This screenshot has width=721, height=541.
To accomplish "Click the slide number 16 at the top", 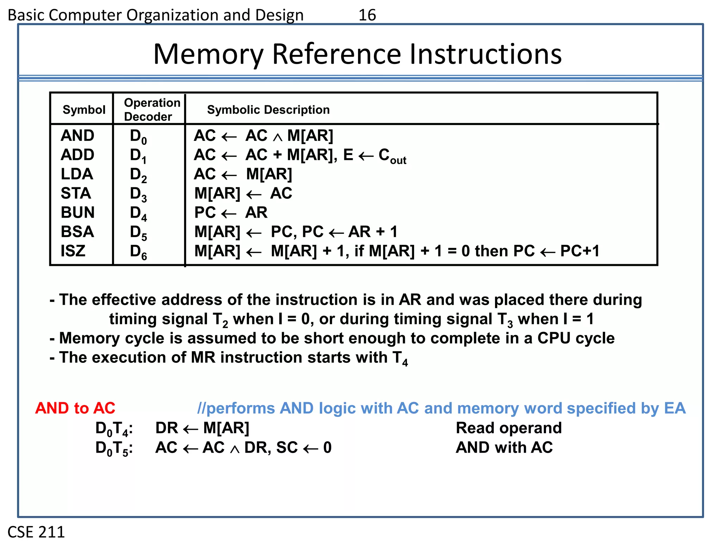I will pos(367,15).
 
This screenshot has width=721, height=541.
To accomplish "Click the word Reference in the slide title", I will pos(336,54).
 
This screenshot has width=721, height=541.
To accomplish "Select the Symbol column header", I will pos(84,110).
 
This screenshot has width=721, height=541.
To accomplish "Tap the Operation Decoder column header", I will pos(152,110).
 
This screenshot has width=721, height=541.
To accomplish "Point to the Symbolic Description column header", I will pos(268,110).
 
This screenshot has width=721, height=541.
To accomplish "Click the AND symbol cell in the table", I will pos(77,136).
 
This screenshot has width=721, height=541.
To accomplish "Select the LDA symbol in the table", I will pos(77,174).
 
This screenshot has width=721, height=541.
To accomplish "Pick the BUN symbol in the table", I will pos(77,212).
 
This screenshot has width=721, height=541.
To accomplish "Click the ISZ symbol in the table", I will pos(73,251).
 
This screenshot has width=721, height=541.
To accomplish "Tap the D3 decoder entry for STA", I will pos(138,194).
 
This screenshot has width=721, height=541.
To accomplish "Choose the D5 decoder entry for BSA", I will pos(138,232).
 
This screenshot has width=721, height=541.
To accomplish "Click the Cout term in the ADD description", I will pos(392,156).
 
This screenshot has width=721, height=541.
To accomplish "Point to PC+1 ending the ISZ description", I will pos(579,251).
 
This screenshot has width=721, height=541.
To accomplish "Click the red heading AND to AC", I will pos(75,408).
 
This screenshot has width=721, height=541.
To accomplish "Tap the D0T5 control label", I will pos(114,448).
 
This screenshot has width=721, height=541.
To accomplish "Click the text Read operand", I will pos(508,428).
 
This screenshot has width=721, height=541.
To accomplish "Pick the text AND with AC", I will pos(504,447).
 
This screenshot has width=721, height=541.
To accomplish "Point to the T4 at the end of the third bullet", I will pos(400,359).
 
